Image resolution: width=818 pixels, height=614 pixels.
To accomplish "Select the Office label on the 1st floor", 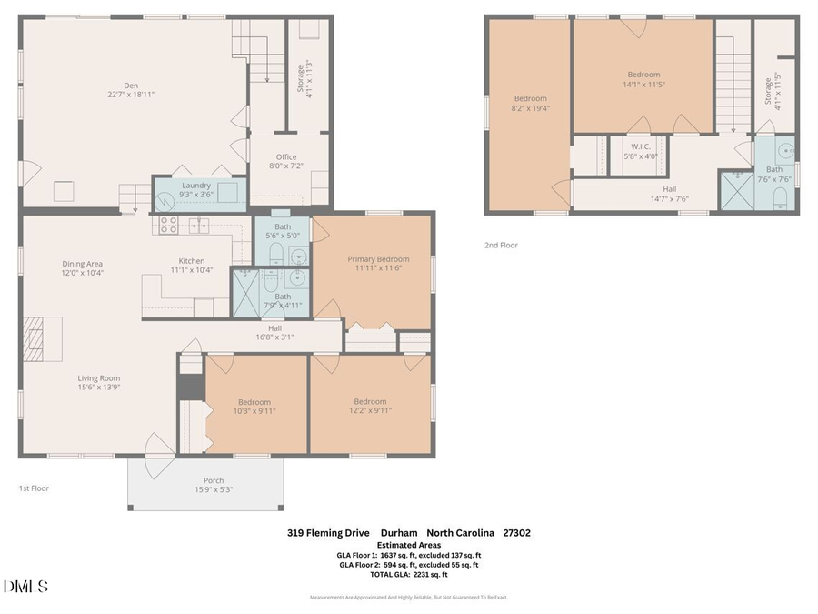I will pyautogui.click(x=286, y=157).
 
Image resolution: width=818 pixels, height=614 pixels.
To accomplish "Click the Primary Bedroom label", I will pyautogui.click(x=378, y=259).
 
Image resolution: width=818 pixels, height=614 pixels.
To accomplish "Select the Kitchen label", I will pyautogui.click(x=191, y=261).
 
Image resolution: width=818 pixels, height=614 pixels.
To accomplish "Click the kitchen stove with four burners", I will pyautogui.click(x=168, y=225).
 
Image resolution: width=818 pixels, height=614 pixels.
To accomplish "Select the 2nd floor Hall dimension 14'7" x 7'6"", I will pyautogui.click(x=669, y=199).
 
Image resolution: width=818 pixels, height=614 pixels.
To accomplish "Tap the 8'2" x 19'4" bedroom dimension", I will pyautogui.click(x=531, y=107).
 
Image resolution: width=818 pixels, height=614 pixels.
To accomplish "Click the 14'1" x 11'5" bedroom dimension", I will pyautogui.click(x=643, y=84).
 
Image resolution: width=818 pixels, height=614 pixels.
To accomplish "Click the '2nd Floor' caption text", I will pyautogui.click(x=502, y=245).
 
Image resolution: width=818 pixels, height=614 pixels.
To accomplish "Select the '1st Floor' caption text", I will pyautogui.click(x=34, y=488).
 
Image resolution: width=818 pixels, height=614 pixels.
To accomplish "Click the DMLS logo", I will pyautogui.click(x=25, y=587).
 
